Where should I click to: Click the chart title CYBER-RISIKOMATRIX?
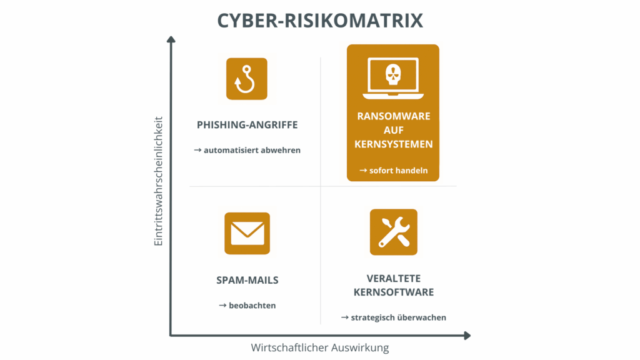[320, 20]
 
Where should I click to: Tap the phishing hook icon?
[246, 79]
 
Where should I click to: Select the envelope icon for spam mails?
[247, 233]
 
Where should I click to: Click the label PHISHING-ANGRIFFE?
[247, 125]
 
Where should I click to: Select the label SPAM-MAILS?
[247, 280]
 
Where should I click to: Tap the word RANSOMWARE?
[393, 116]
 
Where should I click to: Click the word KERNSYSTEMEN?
[393, 144]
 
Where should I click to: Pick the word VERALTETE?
[393, 278]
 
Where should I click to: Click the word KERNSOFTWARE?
[393, 292]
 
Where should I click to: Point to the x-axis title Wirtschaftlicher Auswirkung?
[320, 348]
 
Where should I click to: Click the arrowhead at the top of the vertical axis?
[171, 39]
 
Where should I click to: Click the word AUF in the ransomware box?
[393, 130]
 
